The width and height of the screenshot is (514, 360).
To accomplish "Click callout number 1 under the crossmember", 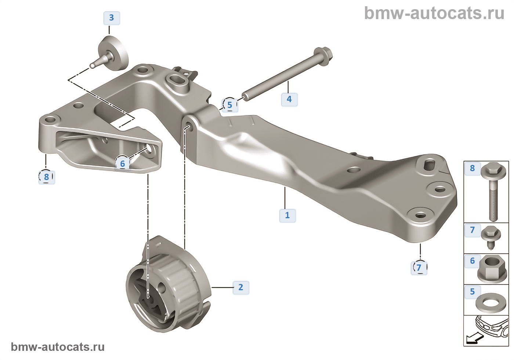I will click(287, 215).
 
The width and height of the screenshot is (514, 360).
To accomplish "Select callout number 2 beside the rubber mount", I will click(241, 287).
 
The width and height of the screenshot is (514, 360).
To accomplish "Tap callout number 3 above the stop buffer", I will click(112, 18).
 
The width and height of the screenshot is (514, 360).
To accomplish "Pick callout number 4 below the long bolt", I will click(289, 99).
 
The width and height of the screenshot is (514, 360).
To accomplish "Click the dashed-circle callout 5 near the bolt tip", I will click(230, 105).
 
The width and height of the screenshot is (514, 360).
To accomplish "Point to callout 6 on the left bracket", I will click(123, 163).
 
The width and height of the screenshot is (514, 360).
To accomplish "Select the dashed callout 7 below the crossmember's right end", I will click(419, 267).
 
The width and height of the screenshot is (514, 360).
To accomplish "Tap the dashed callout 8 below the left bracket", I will click(47, 177).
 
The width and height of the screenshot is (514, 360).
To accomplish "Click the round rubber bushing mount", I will click(169, 287).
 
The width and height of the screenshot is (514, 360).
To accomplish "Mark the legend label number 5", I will click(473, 292).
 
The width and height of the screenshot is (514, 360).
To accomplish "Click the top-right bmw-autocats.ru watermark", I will click(434, 13).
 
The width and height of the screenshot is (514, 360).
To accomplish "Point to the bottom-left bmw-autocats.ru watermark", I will click(58, 347).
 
